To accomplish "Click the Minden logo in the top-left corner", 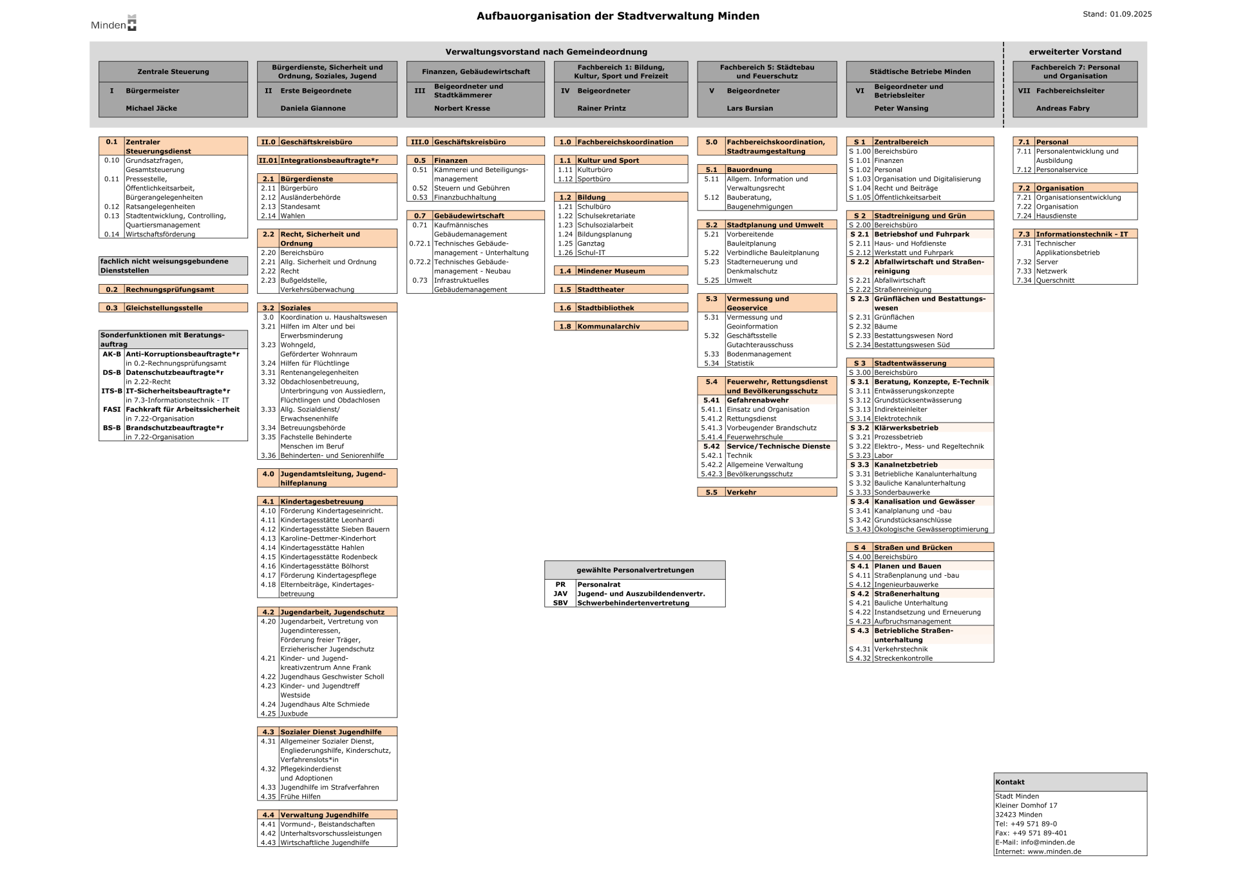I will [114, 24].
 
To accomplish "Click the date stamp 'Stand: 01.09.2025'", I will [1117, 14].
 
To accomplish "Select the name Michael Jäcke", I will [151, 108].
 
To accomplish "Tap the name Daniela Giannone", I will [313, 108].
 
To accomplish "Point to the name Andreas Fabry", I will [1063, 108].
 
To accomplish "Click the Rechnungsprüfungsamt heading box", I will [173, 290].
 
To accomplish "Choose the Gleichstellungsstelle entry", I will [173, 308].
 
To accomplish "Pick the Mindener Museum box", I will [620, 271].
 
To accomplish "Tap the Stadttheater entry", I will [620, 290].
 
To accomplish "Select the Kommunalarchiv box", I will [620, 327].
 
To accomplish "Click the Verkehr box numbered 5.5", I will [766, 492].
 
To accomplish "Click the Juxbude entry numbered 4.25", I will [294, 714].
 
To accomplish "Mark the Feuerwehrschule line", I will [754, 437].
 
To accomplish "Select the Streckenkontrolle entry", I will [903, 658].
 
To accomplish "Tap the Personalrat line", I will [598, 585].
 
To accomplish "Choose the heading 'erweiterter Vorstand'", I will [1075, 52].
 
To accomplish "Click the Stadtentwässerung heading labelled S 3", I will [919, 363].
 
